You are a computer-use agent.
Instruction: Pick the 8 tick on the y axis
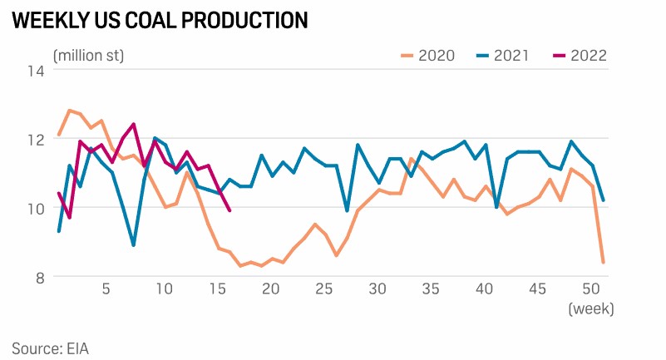tap(39, 277)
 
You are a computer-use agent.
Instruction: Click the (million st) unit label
tap(88, 56)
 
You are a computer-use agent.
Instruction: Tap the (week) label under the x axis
tap(590, 308)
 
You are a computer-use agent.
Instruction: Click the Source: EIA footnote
tap(50, 348)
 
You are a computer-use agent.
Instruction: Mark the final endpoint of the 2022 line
tap(229, 210)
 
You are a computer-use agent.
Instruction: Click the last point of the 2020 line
tap(603, 262)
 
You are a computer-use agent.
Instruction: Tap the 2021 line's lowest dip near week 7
tap(134, 245)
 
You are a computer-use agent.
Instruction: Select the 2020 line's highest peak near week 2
tap(69, 110)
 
